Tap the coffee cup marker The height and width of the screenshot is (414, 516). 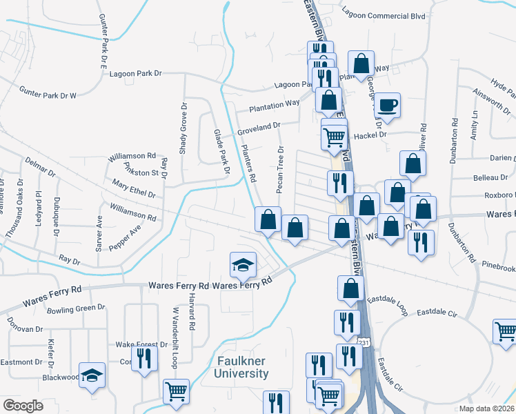[388, 105]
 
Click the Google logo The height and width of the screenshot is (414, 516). [23, 406]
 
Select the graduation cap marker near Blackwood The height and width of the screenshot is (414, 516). [92, 375]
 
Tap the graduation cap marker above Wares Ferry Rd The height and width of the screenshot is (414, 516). [242, 265]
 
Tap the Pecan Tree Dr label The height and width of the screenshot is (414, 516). [280, 170]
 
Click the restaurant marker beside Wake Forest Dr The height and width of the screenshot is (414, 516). [144, 358]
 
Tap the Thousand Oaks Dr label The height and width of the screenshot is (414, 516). [10, 221]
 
